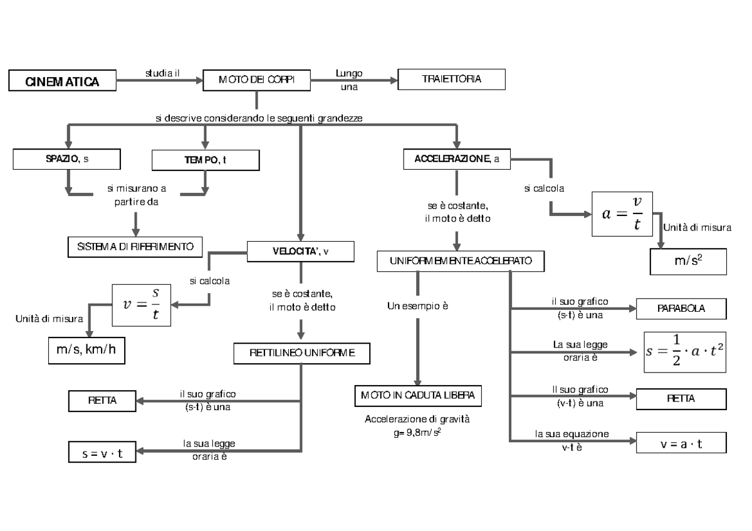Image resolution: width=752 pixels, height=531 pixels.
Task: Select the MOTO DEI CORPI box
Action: point(257,80)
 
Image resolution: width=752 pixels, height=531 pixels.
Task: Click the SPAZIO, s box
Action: point(67,160)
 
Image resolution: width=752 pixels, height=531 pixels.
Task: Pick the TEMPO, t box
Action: point(205,160)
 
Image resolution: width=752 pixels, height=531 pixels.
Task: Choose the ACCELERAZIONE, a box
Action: point(457,160)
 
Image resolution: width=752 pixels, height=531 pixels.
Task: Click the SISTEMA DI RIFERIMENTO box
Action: point(135,247)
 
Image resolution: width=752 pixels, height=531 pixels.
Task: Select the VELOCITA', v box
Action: point(301,252)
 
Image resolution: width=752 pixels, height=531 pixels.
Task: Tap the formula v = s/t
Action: point(141,305)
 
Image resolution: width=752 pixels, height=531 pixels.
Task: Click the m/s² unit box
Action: point(687,260)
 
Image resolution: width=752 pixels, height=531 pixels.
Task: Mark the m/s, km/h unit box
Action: point(86,349)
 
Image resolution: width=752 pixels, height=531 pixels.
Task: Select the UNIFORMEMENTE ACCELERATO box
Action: point(461,260)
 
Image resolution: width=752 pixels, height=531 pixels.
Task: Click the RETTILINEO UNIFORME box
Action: point(301,353)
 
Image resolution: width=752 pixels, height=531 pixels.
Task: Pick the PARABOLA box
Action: point(681,309)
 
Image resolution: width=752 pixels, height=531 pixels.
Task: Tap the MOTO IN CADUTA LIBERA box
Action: point(417,395)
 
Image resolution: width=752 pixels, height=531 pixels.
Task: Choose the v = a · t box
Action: point(681,443)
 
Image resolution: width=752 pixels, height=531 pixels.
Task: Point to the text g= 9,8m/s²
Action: point(417,431)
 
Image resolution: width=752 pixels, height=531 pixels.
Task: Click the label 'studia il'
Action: point(162,73)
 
